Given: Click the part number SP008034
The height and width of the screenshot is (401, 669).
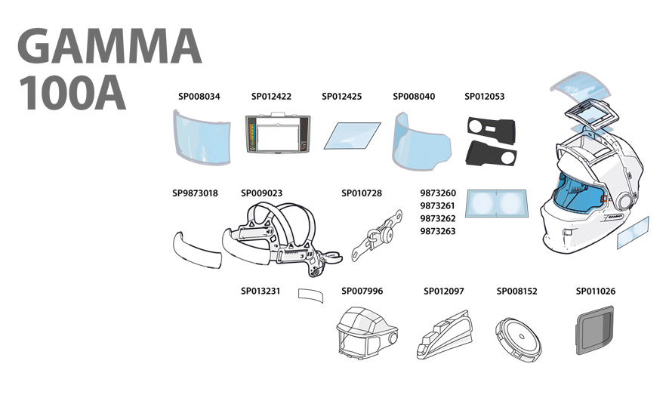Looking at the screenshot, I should [x=199, y=97].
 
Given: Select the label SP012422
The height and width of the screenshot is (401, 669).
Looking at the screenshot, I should [x=271, y=97].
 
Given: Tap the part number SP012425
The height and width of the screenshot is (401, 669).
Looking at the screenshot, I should [x=341, y=97].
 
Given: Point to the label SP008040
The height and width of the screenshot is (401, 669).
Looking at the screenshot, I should [x=414, y=97].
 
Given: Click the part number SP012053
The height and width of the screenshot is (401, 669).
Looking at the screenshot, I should [x=484, y=97].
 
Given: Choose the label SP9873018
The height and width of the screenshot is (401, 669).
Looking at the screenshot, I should [x=195, y=193].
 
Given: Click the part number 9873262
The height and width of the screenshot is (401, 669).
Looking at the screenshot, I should [x=438, y=218].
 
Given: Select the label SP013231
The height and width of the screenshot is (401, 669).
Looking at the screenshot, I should [x=261, y=291].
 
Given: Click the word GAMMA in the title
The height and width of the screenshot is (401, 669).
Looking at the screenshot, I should [x=109, y=47].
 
